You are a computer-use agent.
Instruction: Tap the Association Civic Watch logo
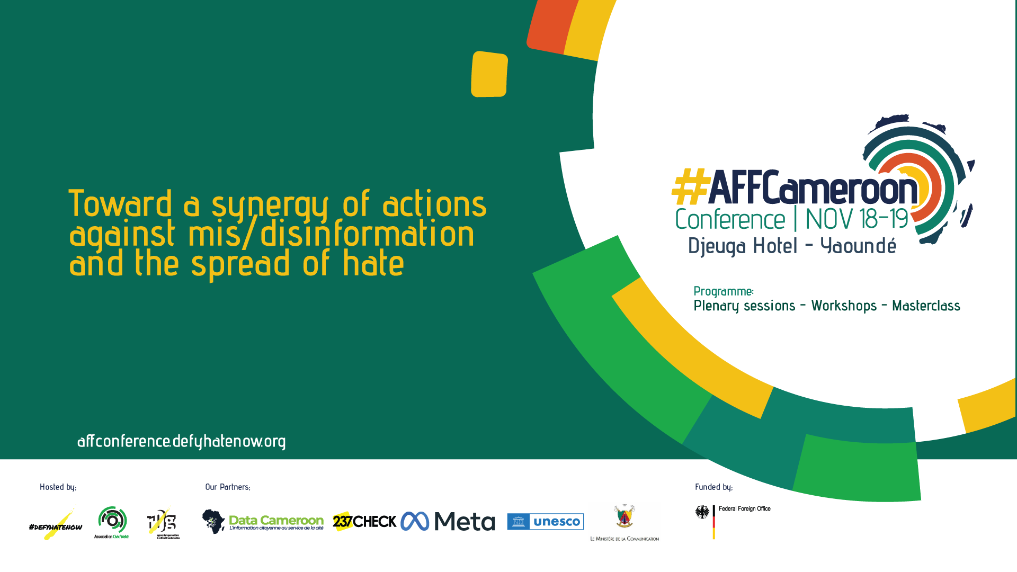(x=112, y=522)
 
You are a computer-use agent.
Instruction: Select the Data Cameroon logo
(x=263, y=522)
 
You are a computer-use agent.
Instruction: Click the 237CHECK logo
(x=364, y=522)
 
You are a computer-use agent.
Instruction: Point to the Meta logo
(x=448, y=522)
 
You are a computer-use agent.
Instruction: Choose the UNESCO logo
(x=545, y=522)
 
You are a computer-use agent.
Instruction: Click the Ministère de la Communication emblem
(x=625, y=517)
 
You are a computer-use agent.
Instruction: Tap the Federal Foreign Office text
(x=744, y=509)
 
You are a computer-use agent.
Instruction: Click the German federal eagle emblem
(x=702, y=512)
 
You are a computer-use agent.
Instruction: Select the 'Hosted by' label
(x=58, y=487)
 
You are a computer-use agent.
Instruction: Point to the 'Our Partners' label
(x=228, y=487)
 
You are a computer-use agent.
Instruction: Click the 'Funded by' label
(x=713, y=487)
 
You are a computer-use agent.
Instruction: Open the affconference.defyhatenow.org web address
(x=181, y=441)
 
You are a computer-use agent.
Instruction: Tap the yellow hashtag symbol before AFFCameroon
(x=690, y=187)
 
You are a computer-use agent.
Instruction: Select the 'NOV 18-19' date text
(x=857, y=219)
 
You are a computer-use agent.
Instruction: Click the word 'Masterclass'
(x=926, y=306)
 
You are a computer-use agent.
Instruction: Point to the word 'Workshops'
(x=844, y=306)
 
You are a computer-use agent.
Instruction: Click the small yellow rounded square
(x=489, y=74)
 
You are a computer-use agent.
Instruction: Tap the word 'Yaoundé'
(x=858, y=246)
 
